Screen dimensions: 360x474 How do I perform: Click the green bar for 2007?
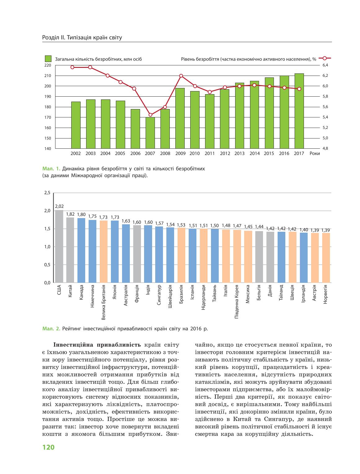pos(150,133)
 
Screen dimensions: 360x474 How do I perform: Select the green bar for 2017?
pos(299,111)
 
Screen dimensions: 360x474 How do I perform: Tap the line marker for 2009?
pos(181,76)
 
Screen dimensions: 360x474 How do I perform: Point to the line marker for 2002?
pos(72,67)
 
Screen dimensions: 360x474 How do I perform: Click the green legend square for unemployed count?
pos(48,59)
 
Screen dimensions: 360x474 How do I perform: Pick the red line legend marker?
pos(324,58)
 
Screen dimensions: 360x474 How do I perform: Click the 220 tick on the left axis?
pos(48,65)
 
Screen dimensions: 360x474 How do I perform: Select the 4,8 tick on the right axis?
pos(325,148)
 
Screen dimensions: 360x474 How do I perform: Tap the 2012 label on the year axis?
pos(225,154)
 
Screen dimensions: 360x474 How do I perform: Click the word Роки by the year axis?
pos(315,154)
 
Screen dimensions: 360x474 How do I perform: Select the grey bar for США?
pos(59,246)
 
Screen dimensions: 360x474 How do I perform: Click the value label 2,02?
pos(59,206)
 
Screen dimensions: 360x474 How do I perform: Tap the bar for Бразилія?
pos(182,255)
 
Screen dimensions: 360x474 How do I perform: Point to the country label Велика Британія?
pos(103,302)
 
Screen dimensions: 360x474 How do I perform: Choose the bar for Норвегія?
pos(326,258)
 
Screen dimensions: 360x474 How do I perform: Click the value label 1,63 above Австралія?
pos(126,221)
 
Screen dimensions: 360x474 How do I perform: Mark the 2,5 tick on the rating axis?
pos(47,193)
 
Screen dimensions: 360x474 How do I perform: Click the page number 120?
pos(48,447)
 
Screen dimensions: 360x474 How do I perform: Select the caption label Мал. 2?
pos(51,329)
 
